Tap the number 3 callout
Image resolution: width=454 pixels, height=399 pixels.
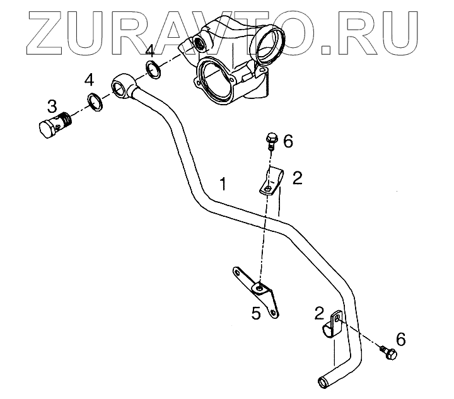point(52,104)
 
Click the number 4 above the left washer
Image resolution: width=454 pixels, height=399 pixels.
point(90,80)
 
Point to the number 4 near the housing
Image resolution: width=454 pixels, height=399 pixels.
point(149,51)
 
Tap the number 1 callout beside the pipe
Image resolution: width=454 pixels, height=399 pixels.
point(221,183)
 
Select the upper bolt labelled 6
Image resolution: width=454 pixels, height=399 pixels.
point(271,140)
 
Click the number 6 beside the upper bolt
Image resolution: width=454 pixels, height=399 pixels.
point(288,141)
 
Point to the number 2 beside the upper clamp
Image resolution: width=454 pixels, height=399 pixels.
point(297,178)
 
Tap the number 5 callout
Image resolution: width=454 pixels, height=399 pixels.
point(256,313)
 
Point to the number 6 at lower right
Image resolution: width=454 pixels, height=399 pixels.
point(400,339)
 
